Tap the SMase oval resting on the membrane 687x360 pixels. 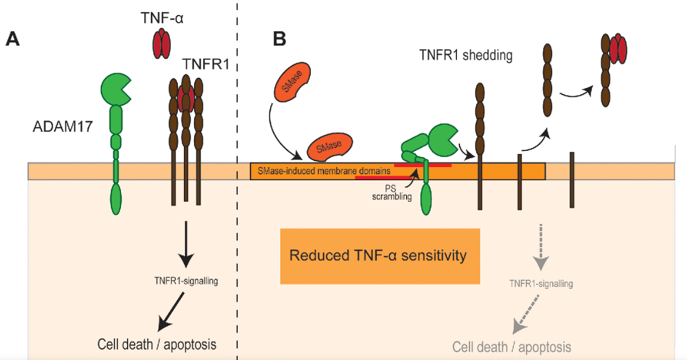[x=331, y=147]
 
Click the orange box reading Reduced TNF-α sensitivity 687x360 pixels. [x=380, y=256]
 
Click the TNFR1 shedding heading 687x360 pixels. [x=466, y=56]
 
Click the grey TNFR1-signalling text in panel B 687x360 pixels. [x=540, y=283]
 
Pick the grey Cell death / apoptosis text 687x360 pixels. [x=512, y=346]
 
